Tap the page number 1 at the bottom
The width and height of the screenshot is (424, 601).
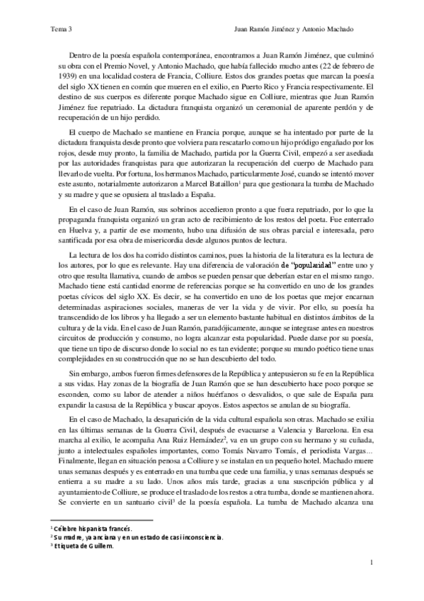[371, 563]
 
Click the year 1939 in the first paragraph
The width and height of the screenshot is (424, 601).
[60, 77]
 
